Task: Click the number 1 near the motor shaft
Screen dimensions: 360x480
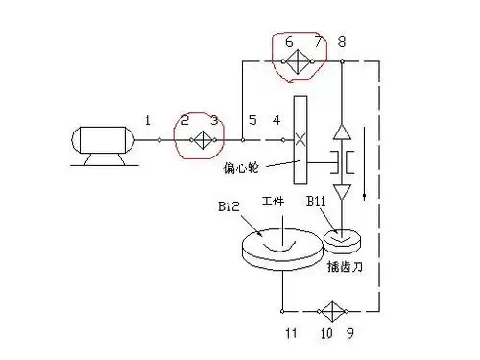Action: [148, 120]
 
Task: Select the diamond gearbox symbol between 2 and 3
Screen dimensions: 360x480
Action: [200, 140]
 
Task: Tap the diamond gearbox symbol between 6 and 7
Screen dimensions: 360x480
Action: [301, 60]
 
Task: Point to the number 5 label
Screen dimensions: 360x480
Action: [252, 120]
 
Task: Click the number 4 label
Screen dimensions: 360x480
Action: [276, 120]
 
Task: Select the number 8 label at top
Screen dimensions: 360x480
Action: [343, 41]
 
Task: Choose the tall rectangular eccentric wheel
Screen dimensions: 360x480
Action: [300, 145]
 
